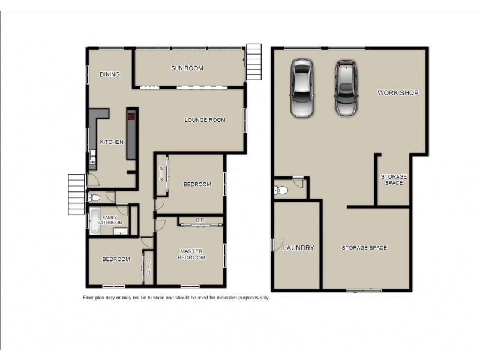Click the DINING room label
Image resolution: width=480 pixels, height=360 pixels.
pos(110,74)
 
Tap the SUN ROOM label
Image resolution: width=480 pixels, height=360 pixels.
pos(187,68)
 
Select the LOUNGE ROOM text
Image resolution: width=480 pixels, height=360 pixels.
pos(205,120)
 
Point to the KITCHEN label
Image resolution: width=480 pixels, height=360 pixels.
pos(112,142)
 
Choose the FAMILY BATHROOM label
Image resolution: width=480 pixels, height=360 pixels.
pos(110,220)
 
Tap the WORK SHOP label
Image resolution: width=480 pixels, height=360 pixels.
pos(397,93)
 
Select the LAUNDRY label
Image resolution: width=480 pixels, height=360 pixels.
pos(298,248)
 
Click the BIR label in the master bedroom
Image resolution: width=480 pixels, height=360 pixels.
pos(200,221)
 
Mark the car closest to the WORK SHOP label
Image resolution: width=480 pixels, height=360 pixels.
pos(346,88)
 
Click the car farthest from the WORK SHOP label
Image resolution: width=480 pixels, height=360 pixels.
pos(301,88)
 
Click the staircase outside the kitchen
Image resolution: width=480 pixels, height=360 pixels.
pos(77,194)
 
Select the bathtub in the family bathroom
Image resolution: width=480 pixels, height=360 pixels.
pos(95,220)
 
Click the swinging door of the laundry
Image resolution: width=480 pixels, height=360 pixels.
pos(276,245)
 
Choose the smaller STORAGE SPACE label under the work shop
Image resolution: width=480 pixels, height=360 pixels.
pos(394,179)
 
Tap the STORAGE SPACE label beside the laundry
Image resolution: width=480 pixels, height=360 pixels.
pos(364,248)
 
